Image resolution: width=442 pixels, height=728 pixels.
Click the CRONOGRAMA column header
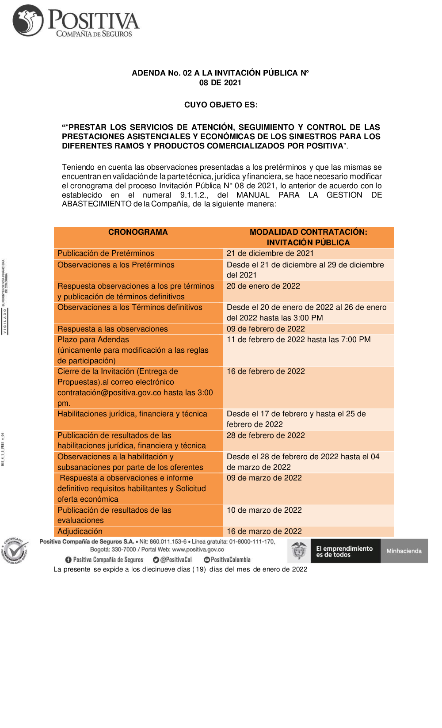coord(138,232)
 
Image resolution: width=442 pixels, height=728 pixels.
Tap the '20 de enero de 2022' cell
coord(263,286)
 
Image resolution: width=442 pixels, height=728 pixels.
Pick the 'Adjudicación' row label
coord(80,531)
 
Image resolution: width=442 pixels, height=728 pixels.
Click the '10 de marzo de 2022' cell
coord(264,510)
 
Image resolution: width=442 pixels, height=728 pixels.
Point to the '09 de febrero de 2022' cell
coord(266,329)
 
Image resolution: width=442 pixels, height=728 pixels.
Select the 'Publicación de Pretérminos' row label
coord(106,253)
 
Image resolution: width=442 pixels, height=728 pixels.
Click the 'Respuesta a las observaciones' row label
coord(113,329)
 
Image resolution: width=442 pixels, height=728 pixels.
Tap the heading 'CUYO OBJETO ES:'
coord(221,105)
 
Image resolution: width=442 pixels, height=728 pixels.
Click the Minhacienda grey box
coord(404,551)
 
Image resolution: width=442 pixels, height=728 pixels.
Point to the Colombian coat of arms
coord(299,551)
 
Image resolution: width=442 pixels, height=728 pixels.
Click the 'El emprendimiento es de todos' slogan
coord(344,551)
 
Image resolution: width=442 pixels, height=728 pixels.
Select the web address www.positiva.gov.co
coord(198,549)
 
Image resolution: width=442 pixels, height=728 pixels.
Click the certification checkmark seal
coord(16,551)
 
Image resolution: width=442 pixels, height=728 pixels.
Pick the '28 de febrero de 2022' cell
coord(266,435)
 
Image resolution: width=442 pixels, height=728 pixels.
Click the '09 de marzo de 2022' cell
coord(264,478)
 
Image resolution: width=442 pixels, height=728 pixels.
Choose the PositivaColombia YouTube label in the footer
coord(230,560)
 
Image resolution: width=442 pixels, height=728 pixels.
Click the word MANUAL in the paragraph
coord(253,195)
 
